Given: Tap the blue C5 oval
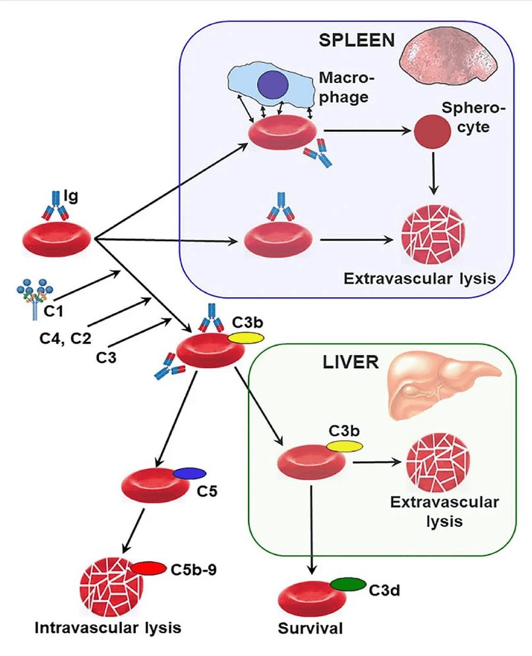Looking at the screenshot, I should coord(190,474).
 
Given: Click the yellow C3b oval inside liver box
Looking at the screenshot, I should coord(344,447).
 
